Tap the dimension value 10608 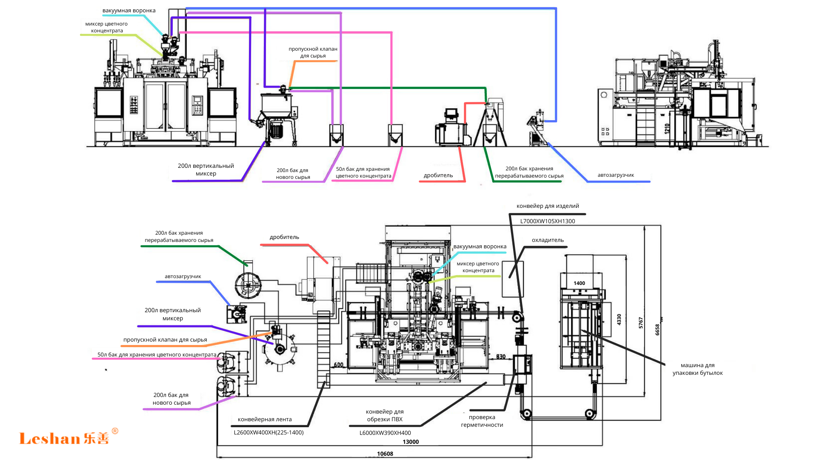385,454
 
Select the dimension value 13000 411,442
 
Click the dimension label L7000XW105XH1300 548,221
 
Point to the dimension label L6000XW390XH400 385,433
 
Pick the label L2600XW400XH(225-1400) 269,432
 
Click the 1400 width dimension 579,283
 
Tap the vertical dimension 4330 619,319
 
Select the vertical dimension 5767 641,323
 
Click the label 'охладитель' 548,240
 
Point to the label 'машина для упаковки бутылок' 697,369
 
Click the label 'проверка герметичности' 482,421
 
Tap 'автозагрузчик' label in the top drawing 616,175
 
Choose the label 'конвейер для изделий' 548,206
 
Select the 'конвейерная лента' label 265,420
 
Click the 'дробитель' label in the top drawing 438,175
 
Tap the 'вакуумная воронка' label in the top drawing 129,11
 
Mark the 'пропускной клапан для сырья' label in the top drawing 313,52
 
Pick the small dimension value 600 338,365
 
